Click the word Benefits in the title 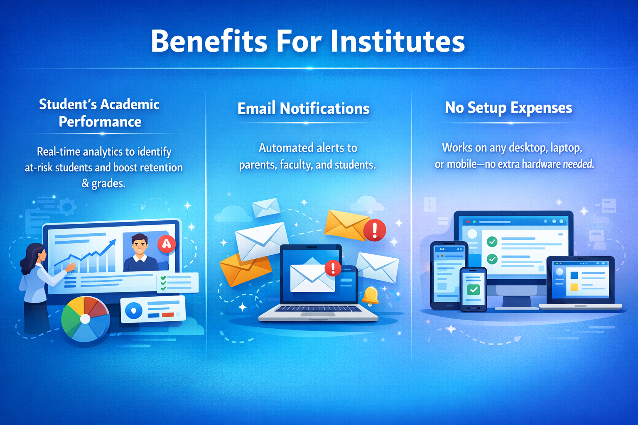pyautogui.click(x=209, y=42)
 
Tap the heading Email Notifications pyautogui.click(x=303, y=109)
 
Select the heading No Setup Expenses pyautogui.click(x=508, y=108)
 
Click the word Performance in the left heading pyautogui.click(x=100, y=122)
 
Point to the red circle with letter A pyautogui.click(x=167, y=244)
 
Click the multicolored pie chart pyautogui.click(x=86, y=319)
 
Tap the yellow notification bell pyautogui.click(x=370, y=295)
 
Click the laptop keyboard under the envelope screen pyautogui.click(x=318, y=309)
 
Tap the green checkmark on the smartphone pyautogui.click(x=474, y=289)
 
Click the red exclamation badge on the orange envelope pyautogui.click(x=375, y=230)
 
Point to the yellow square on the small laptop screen pyautogui.click(x=574, y=287)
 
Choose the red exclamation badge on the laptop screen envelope pyautogui.click(x=333, y=268)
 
